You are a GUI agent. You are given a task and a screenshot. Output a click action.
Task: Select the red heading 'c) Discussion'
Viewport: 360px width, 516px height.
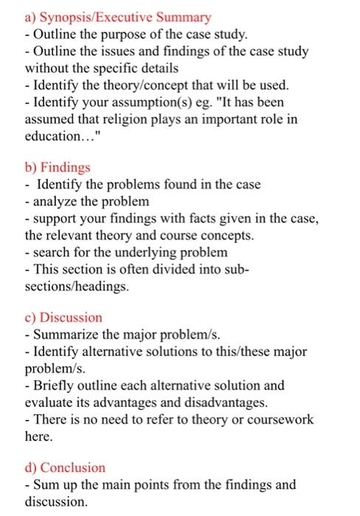pyautogui.click(x=57, y=318)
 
